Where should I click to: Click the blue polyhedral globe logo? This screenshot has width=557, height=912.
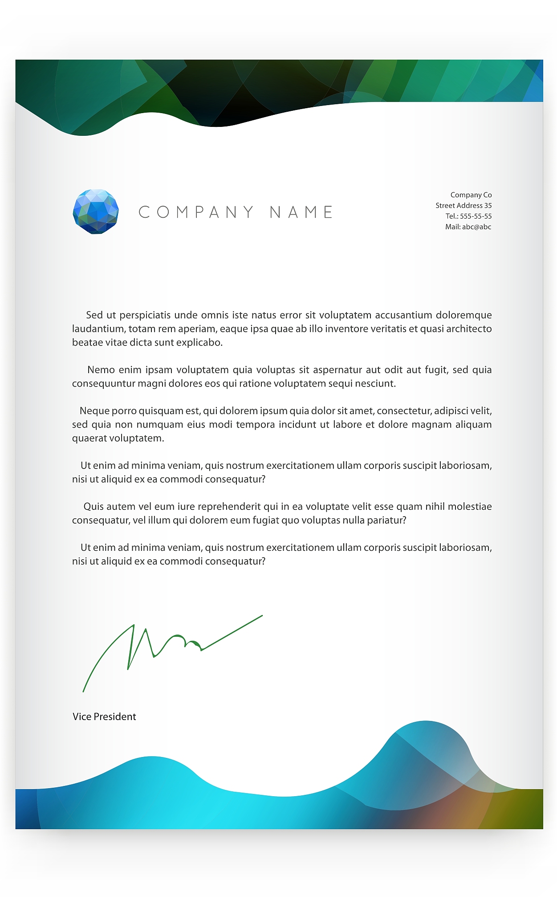[96, 212]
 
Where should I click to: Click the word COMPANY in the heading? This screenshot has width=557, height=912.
[196, 212]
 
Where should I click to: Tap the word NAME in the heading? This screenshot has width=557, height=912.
[301, 212]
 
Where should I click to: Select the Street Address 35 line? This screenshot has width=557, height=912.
[463, 206]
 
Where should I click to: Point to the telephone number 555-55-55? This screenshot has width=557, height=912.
[476, 216]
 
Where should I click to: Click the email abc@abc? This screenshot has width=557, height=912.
[476, 227]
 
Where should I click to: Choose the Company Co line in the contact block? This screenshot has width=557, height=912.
[471, 195]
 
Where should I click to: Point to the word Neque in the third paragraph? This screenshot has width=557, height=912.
[94, 411]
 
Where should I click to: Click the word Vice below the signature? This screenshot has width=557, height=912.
[82, 717]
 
